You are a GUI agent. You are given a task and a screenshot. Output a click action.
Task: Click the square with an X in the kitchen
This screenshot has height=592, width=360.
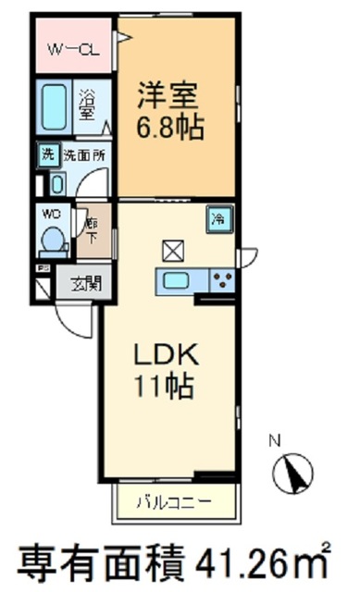coord(173,249)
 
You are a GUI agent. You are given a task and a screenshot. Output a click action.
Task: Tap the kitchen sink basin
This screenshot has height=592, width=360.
coord(175,280)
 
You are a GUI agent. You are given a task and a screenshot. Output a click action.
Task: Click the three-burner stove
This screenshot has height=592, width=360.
coord(221,280)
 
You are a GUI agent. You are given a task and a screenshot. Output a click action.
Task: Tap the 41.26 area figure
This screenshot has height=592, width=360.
coord(246,561)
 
